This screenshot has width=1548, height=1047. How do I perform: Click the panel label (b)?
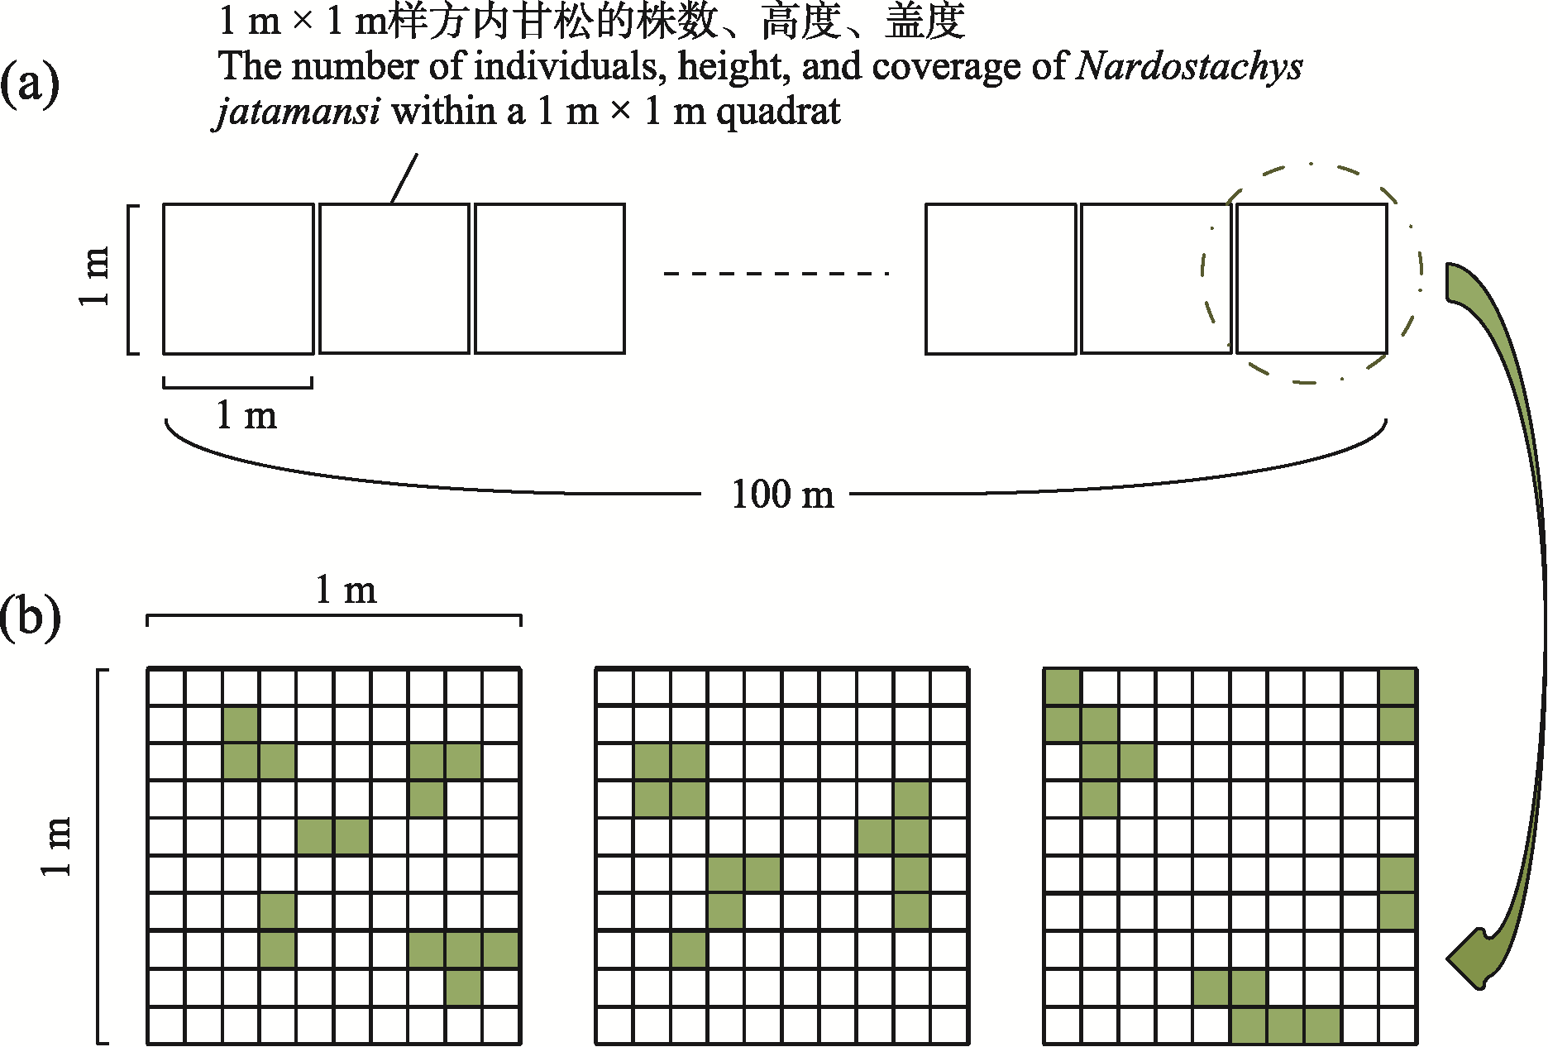click(x=30, y=617)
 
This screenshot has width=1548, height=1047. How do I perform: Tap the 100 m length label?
click(x=782, y=495)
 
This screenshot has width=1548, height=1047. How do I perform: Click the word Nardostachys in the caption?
click(x=1189, y=66)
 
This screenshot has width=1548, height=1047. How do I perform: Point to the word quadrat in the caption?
click(x=778, y=112)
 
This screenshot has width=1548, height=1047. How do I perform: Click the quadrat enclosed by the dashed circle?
click(x=1311, y=279)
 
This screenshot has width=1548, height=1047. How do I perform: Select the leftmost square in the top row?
click(x=238, y=279)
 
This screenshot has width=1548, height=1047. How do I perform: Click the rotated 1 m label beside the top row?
click(x=94, y=277)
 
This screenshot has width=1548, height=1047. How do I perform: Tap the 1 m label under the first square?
click(x=246, y=415)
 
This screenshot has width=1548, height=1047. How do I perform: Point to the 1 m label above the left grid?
click(x=346, y=590)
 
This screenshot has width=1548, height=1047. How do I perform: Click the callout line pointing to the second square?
click(x=404, y=178)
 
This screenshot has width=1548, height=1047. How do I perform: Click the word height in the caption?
click(x=726, y=66)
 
